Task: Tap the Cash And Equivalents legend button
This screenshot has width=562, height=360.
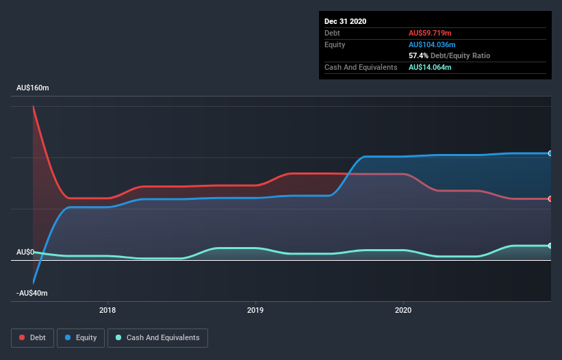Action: pos(157,337)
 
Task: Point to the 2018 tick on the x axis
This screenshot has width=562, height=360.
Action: pos(107,309)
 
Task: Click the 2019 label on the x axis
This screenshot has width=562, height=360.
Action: pos(255,309)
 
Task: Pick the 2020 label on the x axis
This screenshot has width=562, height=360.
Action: pos(403,309)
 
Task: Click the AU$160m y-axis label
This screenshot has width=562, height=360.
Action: pos(33,88)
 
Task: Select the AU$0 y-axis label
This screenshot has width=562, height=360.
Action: pos(25,252)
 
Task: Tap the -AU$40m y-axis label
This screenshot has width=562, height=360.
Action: pos(33,293)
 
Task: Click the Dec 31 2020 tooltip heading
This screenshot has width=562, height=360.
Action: pos(345,21)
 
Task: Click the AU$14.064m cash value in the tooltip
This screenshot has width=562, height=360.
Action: pos(430,67)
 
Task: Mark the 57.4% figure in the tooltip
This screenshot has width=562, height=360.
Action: pos(418,55)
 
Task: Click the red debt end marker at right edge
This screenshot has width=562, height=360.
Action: pos(550,199)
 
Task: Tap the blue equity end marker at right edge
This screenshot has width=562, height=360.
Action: pos(550,153)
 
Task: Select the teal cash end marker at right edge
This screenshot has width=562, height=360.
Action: pos(550,246)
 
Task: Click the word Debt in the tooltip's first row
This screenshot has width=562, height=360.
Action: pos(332,33)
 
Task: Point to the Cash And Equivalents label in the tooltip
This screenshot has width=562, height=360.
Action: pos(361,67)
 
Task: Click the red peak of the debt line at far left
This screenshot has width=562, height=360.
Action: pos(33,107)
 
